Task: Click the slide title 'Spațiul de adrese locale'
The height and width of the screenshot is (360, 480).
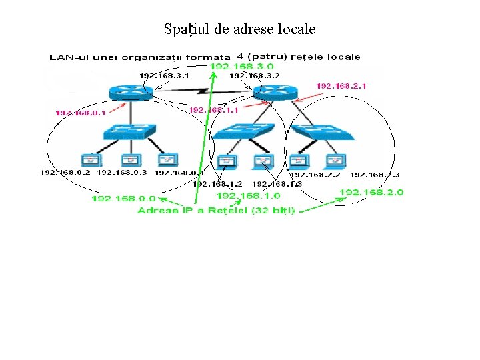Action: [x=239, y=29]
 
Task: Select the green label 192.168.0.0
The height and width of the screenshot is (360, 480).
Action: [x=123, y=198]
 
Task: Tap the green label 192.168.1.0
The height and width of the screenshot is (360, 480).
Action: [x=249, y=195]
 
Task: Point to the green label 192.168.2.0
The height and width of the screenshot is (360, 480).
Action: [x=371, y=192]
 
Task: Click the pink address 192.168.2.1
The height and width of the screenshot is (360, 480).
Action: [x=341, y=86]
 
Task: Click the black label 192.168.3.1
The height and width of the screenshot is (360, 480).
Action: [x=164, y=75]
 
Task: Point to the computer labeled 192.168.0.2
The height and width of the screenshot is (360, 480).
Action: [x=90, y=160]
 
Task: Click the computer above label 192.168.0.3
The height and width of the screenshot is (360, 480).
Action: [x=129, y=160]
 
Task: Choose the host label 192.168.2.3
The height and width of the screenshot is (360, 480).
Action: [x=375, y=175]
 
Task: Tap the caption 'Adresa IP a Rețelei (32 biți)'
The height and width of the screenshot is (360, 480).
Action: [x=216, y=211]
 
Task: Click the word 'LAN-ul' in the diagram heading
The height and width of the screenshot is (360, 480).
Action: [x=66, y=57]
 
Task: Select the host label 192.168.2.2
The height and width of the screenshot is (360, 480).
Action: [x=315, y=175]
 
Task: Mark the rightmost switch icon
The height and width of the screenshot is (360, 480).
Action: [x=325, y=132]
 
